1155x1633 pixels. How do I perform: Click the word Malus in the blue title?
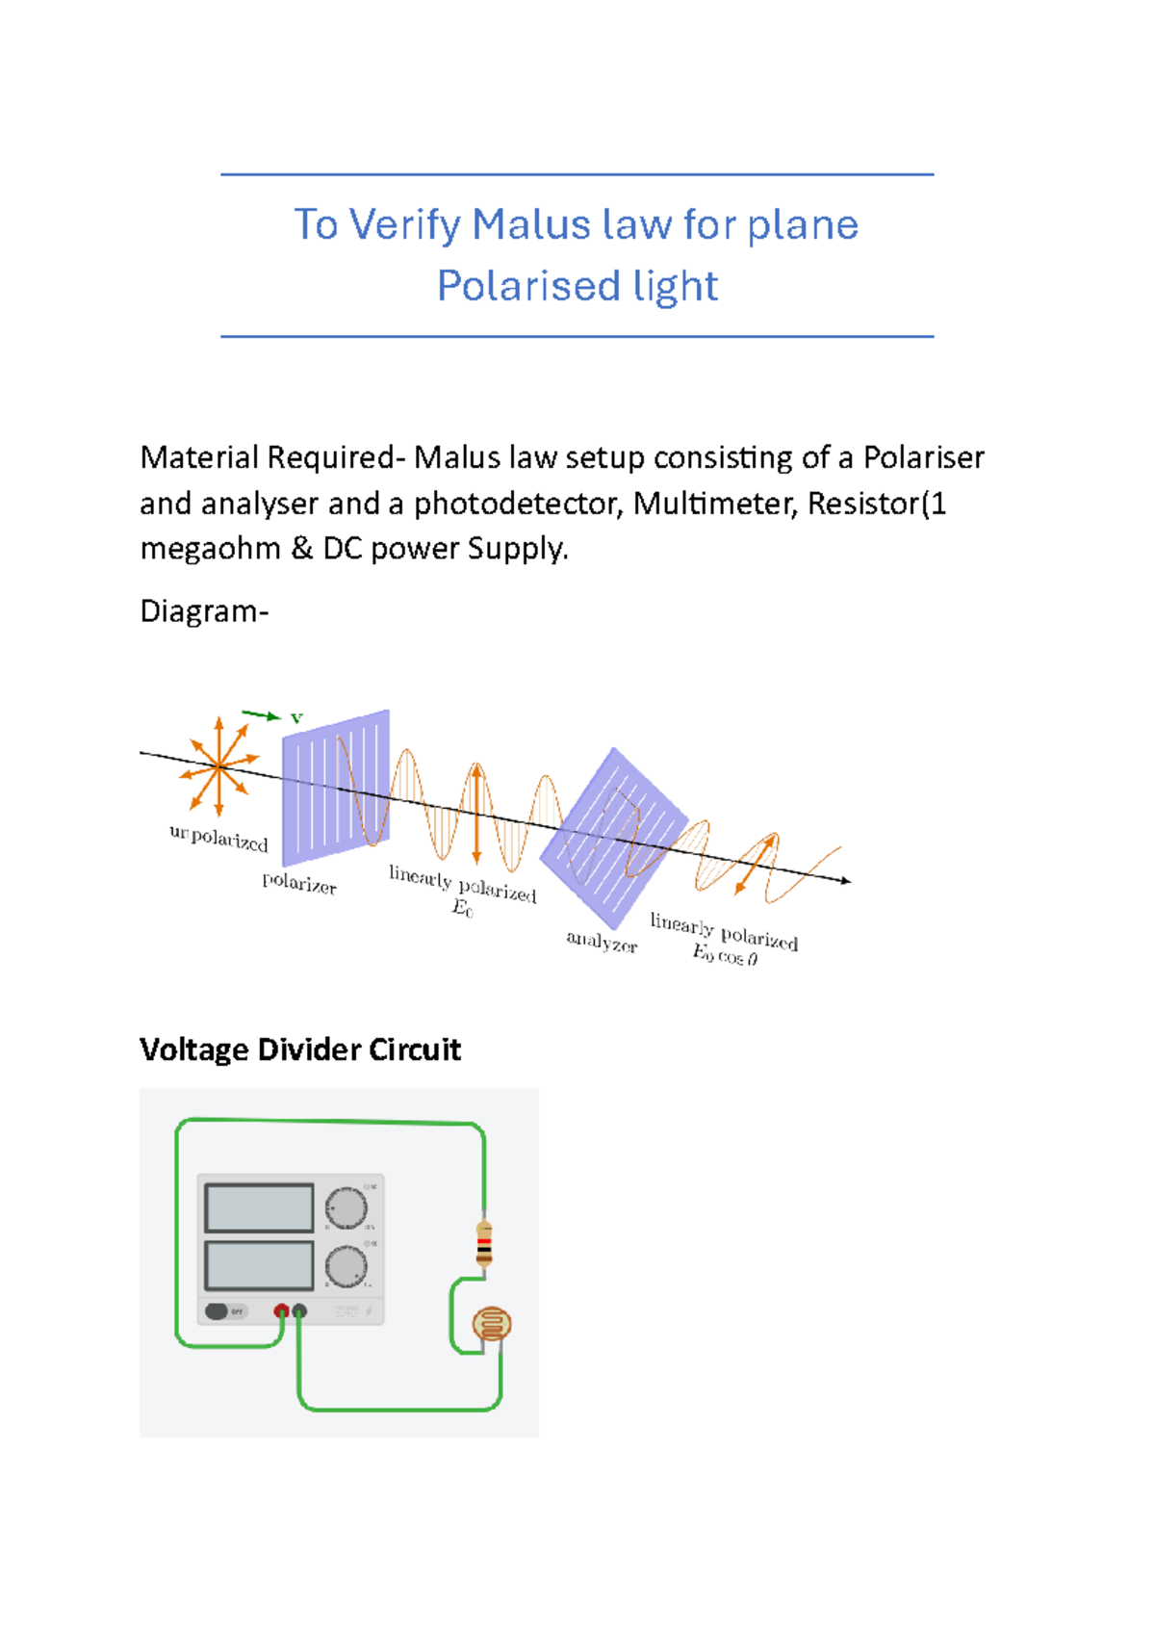pyautogui.click(x=530, y=225)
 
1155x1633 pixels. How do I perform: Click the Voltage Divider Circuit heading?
pyautogui.click(x=300, y=1050)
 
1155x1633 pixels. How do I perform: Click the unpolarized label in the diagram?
pyautogui.click(x=218, y=838)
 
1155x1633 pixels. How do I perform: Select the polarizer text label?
pyautogui.click(x=299, y=883)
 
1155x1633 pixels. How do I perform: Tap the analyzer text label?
pyautogui.click(x=602, y=942)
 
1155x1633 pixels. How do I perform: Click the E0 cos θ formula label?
pyautogui.click(x=725, y=956)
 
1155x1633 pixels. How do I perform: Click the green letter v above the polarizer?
pyautogui.click(x=296, y=717)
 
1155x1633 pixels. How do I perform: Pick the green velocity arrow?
pyautogui.click(x=260, y=714)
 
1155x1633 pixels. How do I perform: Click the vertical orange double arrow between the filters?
pyautogui.click(x=475, y=814)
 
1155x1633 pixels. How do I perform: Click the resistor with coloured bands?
pyautogui.click(x=484, y=1242)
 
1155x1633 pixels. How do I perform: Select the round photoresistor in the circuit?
pyautogui.click(x=492, y=1324)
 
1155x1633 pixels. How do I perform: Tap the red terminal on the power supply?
pyautogui.click(x=281, y=1310)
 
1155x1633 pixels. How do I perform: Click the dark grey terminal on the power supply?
pyautogui.click(x=299, y=1310)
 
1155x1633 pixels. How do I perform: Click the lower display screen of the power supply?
pyautogui.click(x=259, y=1265)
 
